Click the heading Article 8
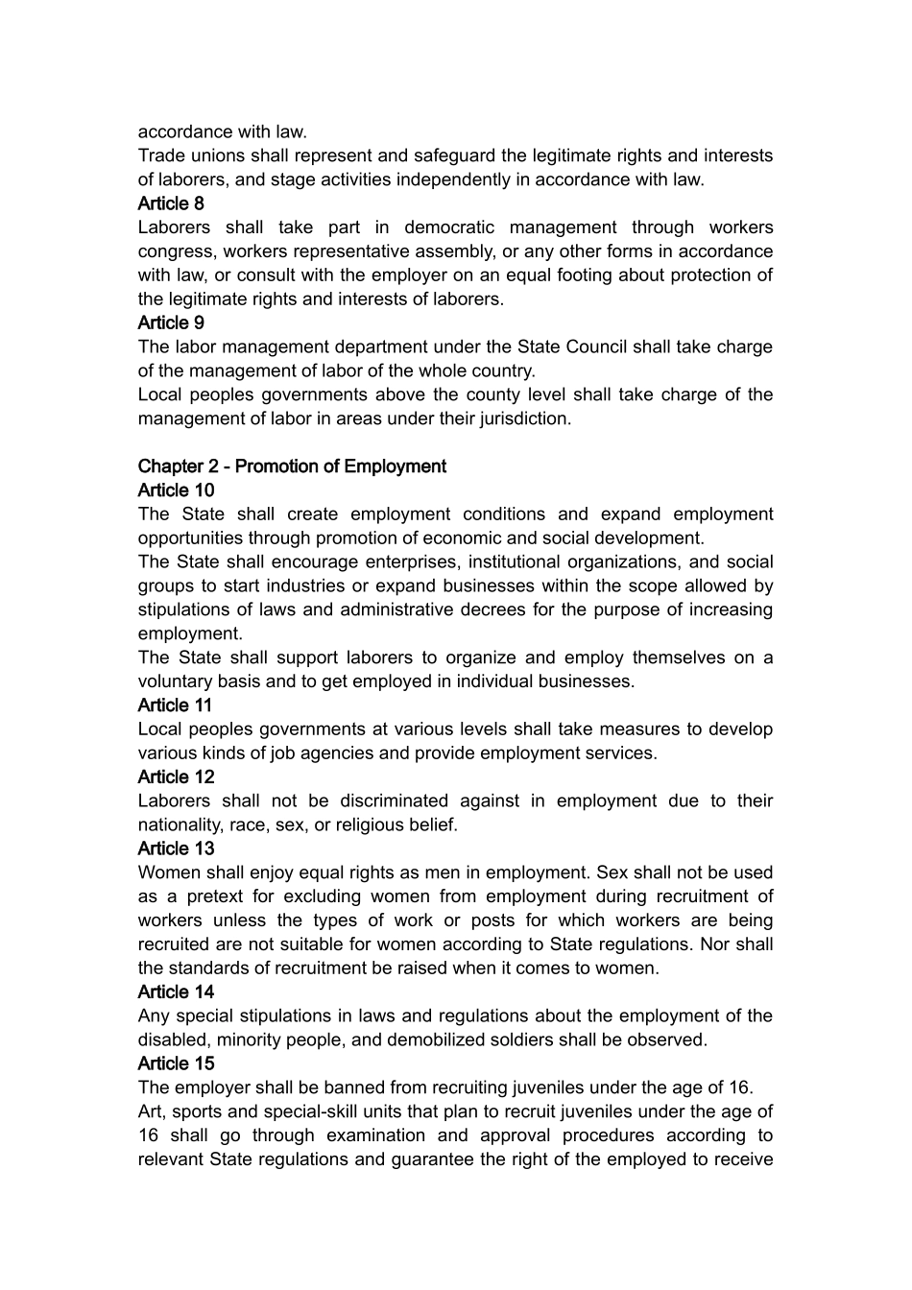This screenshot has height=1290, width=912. (x=171, y=203)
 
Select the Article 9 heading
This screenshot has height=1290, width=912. (x=171, y=322)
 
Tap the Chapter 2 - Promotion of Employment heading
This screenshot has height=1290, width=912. (x=292, y=466)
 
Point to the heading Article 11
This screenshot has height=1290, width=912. (x=175, y=705)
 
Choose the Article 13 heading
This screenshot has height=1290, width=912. (x=176, y=848)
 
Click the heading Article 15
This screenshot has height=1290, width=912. (x=176, y=1063)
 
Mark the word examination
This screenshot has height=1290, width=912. (x=384, y=1135)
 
